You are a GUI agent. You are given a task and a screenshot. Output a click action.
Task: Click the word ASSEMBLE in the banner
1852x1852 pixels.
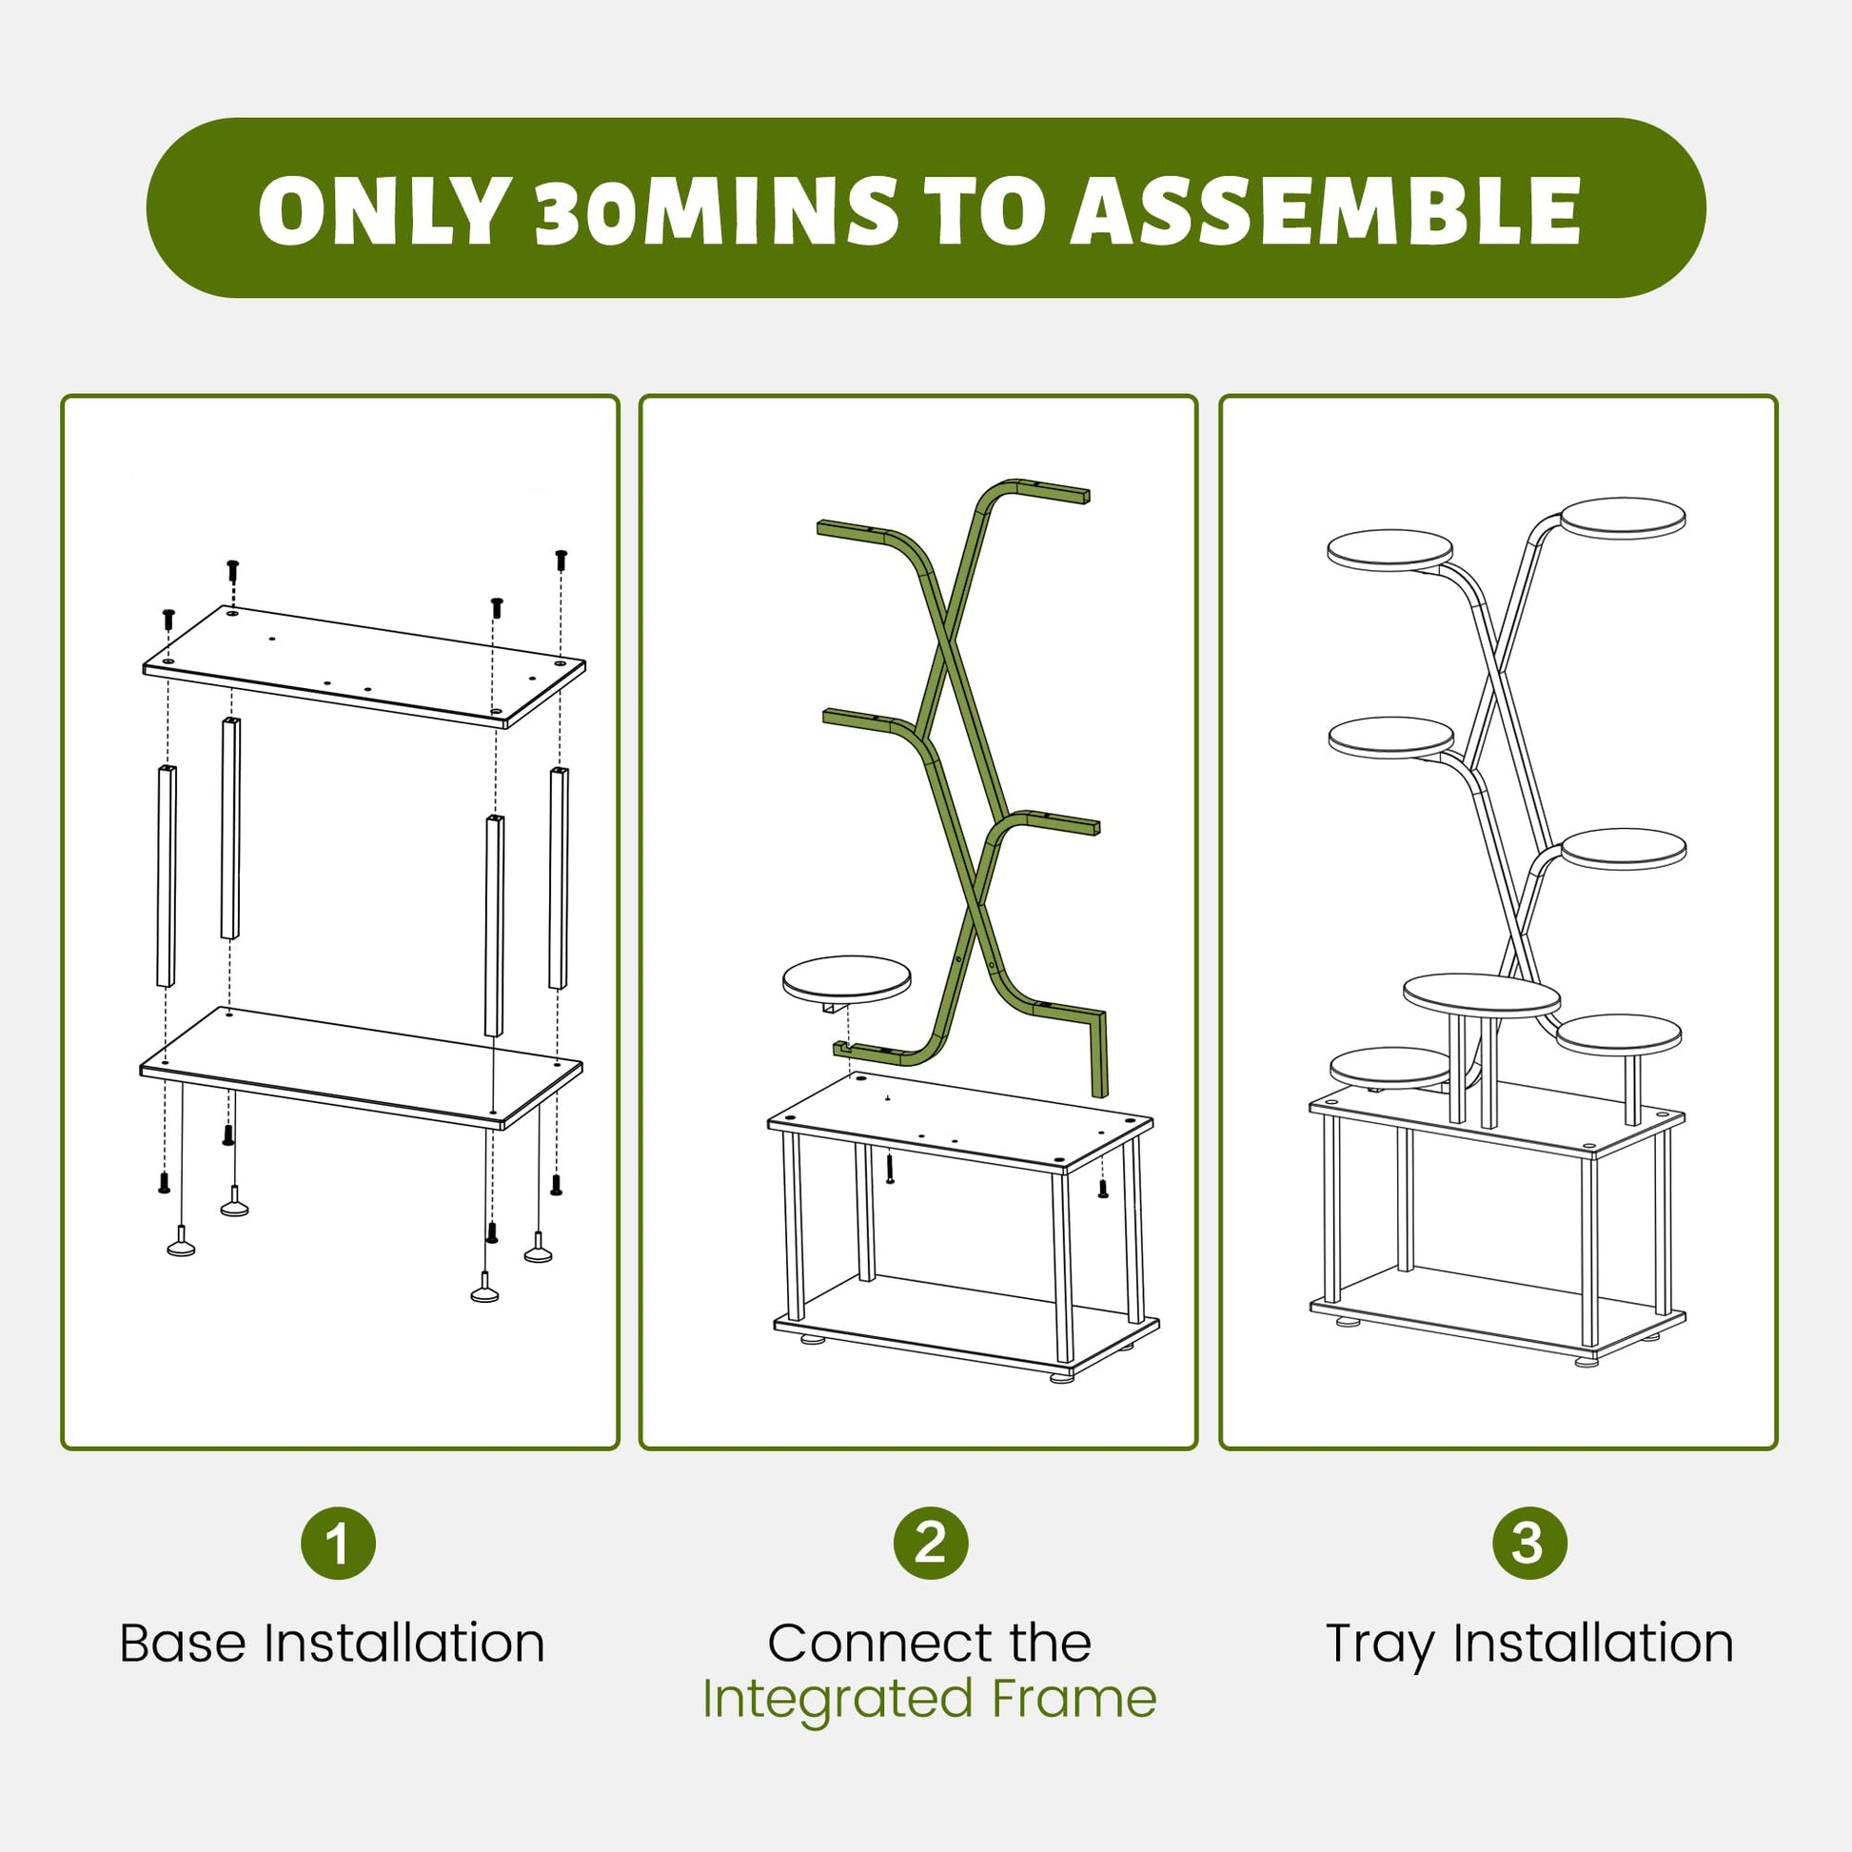[x=1325, y=210]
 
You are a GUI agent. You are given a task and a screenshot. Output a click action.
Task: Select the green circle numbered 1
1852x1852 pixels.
[x=338, y=1543]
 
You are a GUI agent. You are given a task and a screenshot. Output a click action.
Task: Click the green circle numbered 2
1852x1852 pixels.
[x=930, y=1543]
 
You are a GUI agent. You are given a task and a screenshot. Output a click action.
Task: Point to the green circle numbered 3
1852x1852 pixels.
[x=1529, y=1543]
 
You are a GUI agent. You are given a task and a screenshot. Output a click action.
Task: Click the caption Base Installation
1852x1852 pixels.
[x=333, y=1643]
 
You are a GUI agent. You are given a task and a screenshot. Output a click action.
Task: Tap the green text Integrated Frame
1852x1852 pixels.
[x=930, y=1699]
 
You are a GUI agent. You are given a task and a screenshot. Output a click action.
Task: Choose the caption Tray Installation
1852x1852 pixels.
[x=1530, y=1645]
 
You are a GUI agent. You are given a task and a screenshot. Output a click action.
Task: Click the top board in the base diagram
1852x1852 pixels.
[x=364, y=667]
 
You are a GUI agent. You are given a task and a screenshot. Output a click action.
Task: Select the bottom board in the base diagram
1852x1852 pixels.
[x=362, y=1068]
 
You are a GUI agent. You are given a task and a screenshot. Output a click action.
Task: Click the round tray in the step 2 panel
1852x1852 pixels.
[x=846, y=978]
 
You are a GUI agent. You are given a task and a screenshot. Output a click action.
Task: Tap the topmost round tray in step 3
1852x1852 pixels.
[x=1623, y=518]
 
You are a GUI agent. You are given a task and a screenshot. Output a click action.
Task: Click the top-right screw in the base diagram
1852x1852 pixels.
[x=561, y=560]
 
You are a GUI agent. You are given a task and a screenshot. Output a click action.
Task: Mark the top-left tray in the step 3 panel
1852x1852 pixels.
[x=1390, y=550]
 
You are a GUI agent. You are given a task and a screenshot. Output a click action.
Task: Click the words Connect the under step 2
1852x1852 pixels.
[x=930, y=1643]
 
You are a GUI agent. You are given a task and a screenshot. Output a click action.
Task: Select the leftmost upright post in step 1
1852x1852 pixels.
[x=166, y=877]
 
